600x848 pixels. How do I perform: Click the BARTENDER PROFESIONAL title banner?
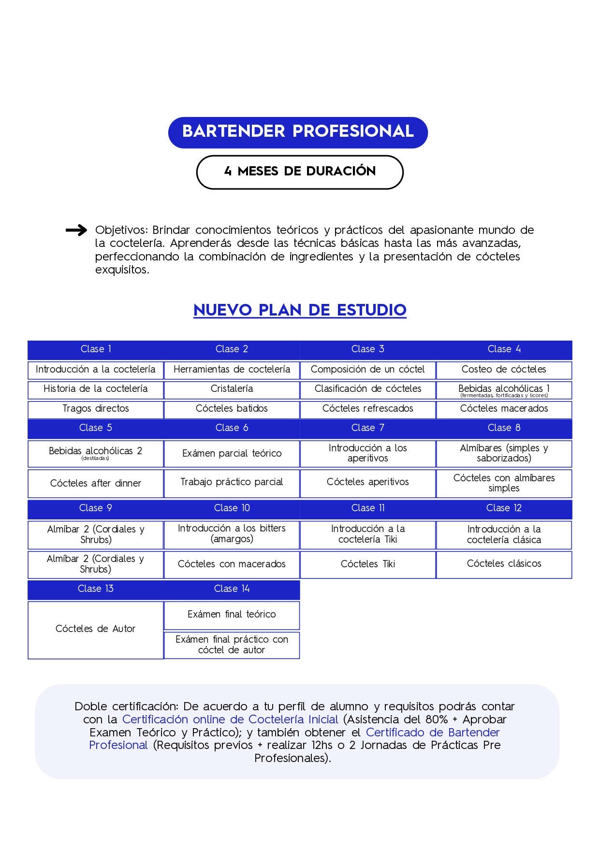(x=298, y=132)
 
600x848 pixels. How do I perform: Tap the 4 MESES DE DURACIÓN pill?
(x=300, y=172)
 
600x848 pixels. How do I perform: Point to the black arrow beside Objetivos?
(x=76, y=230)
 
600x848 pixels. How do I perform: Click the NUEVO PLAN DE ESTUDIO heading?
(x=300, y=310)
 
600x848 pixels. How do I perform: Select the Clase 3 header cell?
(x=368, y=349)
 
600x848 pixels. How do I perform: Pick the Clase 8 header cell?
(x=504, y=428)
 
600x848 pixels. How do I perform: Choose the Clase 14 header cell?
(x=232, y=589)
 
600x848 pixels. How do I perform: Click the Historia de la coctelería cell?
(x=96, y=389)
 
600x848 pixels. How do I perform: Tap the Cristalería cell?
(x=232, y=389)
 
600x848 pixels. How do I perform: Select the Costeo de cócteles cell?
(x=504, y=370)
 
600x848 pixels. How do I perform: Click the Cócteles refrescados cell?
(x=368, y=409)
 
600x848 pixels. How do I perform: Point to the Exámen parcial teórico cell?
(x=232, y=454)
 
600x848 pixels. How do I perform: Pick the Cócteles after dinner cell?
(x=96, y=483)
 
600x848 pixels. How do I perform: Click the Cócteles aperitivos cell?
(x=368, y=482)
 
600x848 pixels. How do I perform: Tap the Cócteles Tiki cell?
(x=368, y=564)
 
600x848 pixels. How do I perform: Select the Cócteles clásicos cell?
(x=504, y=564)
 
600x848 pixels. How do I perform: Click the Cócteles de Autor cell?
(x=96, y=629)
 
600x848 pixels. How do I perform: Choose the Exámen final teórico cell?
(x=232, y=615)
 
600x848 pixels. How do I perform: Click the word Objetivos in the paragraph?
(x=121, y=230)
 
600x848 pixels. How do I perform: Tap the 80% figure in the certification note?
(x=436, y=720)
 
